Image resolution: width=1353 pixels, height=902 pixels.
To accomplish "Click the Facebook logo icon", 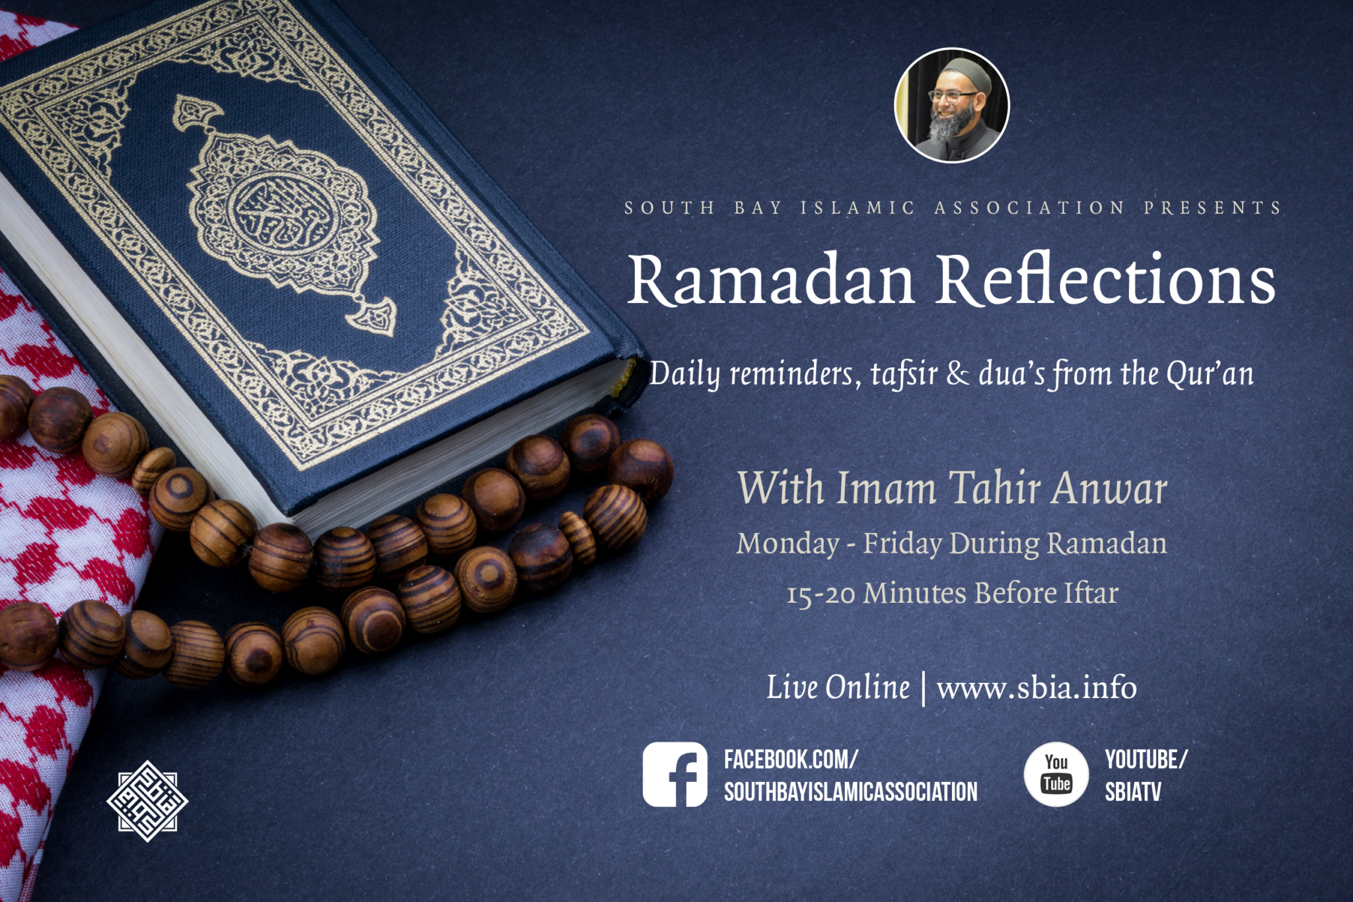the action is [675, 775].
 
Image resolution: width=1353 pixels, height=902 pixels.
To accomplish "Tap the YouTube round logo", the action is [1056, 775].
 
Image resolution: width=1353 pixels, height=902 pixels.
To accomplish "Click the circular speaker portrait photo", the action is [952, 105].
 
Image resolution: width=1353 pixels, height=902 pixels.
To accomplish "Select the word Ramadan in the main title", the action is [771, 279].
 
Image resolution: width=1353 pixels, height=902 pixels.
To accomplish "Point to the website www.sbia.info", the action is [1037, 688].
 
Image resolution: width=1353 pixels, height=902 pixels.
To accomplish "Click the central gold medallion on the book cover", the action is [285, 211].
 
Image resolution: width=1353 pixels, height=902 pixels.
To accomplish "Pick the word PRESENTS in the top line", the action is [1213, 208].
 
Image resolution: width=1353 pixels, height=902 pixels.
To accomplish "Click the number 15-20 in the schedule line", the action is [821, 594].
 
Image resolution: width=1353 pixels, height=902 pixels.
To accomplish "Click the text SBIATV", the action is [1133, 792].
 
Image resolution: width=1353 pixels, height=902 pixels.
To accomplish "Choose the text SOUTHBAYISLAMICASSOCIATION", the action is [851, 792].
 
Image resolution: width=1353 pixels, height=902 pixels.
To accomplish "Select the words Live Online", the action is [838, 687].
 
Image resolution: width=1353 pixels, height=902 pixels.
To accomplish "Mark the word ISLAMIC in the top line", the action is [858, 208].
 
